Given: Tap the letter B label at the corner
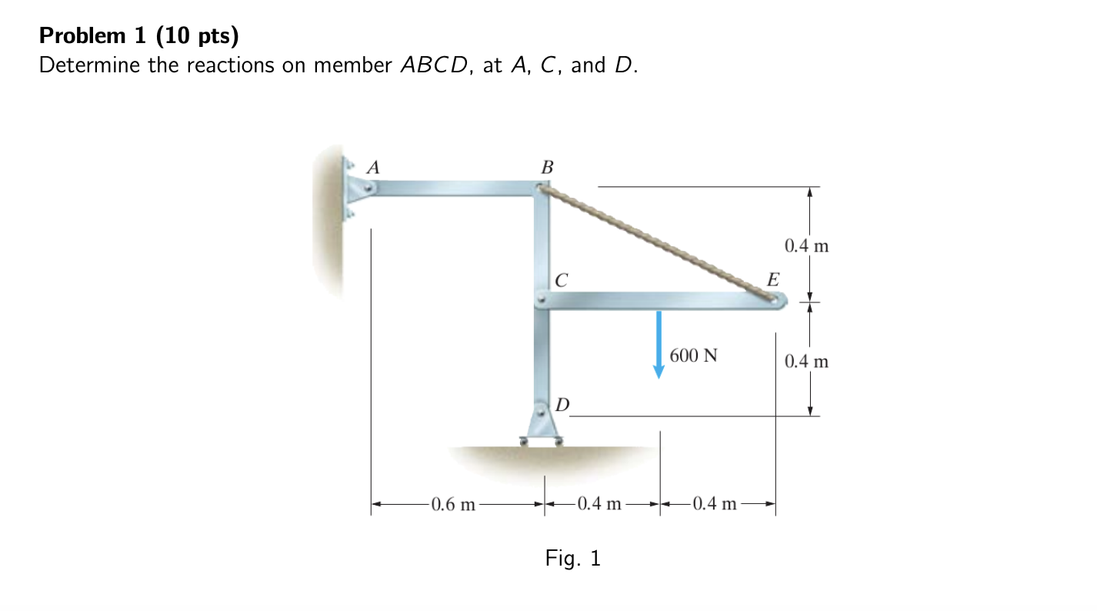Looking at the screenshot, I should pos(547,166).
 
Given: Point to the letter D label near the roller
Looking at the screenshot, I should pos(562,405).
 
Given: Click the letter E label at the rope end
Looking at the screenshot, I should pos(772,279).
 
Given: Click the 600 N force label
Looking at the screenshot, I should pos(693,356).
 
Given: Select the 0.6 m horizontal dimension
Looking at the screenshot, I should pos(453,505).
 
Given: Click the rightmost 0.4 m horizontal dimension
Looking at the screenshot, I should pos(715,505).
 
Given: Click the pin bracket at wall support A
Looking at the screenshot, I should pos(356,188).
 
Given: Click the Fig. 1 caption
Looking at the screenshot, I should pos(572,558).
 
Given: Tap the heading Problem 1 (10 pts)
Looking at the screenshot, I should pos(139,35).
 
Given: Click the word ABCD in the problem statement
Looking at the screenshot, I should pos(433,65).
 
